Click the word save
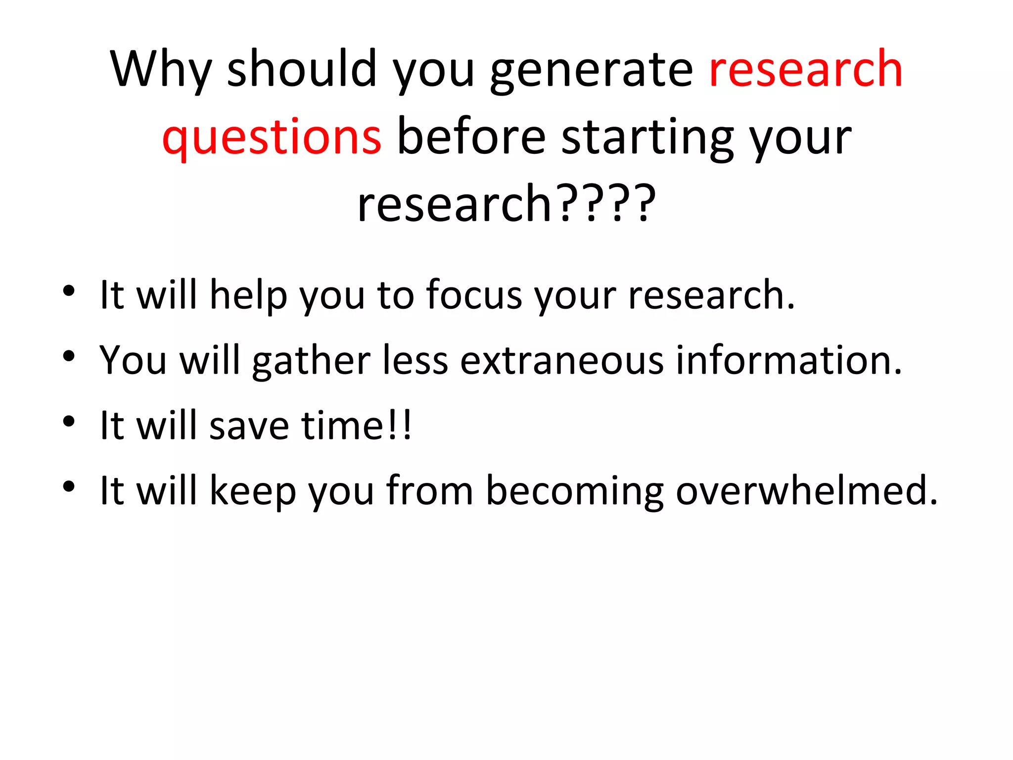(x=249, y=426)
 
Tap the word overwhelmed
(x=806, y=490)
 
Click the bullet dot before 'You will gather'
(x=69, y=356)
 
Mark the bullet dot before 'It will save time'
(x=69, y=421)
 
